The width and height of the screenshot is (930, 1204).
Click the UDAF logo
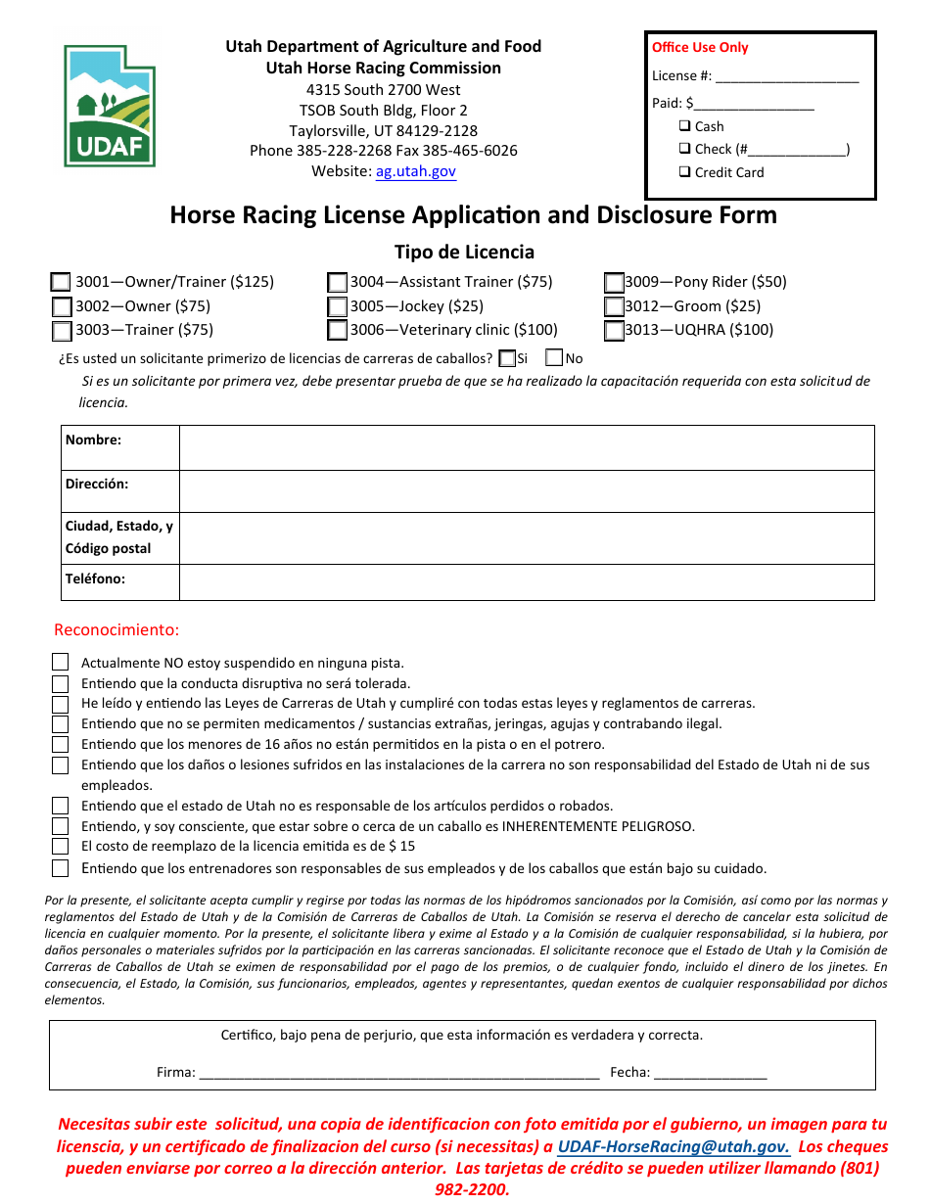point(110,106)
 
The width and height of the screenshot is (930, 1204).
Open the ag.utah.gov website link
point(415,171)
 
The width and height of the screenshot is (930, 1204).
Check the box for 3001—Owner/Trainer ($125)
point(61,282)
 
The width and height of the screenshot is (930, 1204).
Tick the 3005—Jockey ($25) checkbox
point(337,306)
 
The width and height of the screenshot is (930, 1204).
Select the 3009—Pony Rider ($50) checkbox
point(614,282)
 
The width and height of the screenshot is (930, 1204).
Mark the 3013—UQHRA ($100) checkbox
point(614,331)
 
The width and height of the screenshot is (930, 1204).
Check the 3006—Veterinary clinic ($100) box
point(337,331)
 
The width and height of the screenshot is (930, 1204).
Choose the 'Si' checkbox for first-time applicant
point(507,358)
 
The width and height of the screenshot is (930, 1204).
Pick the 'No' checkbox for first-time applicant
point(554,358)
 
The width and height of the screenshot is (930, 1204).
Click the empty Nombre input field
point(526,448)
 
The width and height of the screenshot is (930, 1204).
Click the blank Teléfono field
point(526,582)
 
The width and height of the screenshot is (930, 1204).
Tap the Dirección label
point(97,484)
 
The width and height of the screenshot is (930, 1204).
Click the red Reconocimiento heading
point(116,629)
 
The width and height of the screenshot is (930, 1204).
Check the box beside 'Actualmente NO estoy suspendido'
point(61,663)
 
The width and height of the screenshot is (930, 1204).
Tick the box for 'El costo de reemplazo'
point(61,846)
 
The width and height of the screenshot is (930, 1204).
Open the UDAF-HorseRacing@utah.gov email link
point(674,1147)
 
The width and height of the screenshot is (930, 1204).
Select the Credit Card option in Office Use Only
point(685,172)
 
